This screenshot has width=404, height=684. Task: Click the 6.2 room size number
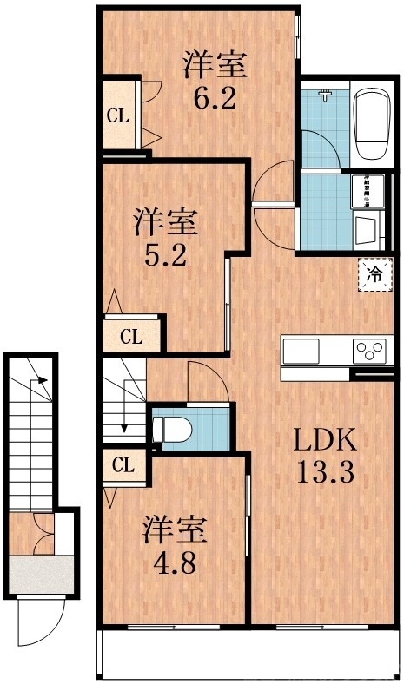(x=215, y=97)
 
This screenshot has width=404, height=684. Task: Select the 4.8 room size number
(x=175, y=558)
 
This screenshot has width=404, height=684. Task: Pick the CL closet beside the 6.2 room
(x=118, y=115)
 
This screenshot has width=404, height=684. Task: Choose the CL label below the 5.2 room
(x=131, y=338)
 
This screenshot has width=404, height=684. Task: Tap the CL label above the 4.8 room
(x=123, y=465)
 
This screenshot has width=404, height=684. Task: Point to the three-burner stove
(x=368, y=352)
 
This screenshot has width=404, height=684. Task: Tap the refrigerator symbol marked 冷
(x=374, y=276)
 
